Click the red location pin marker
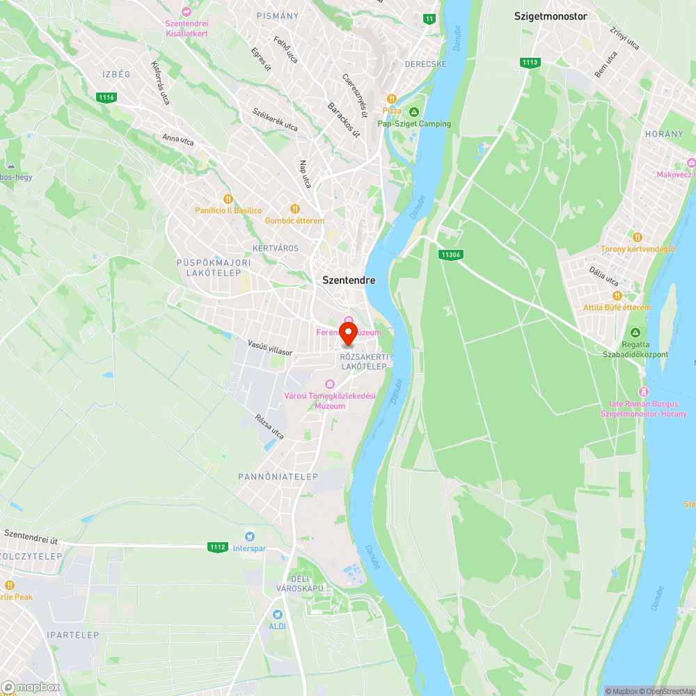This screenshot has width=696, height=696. (348, 332)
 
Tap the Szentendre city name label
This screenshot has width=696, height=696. (349, 280)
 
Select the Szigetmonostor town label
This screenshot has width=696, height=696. (551, 15)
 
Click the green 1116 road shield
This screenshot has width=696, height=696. (106, 97)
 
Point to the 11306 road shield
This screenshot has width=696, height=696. (450, 255)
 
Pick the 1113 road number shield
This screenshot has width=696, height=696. (530, 63)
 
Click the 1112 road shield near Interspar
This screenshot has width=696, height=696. (217, 547)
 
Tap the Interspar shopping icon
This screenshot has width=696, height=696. (249, 537)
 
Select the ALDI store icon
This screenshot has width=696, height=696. (278, 615)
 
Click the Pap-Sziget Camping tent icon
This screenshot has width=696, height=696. (414, 112)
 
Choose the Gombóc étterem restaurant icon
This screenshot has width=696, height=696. (294, 208)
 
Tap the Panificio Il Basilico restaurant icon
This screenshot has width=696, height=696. (226, 199)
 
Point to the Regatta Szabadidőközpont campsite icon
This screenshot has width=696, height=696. (635, 333)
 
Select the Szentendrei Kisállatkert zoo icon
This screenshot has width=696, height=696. (186, 12)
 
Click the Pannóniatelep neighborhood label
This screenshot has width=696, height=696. (278, 477)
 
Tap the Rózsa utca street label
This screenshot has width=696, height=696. (270, 426)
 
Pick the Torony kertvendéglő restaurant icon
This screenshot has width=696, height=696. (638, 237)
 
